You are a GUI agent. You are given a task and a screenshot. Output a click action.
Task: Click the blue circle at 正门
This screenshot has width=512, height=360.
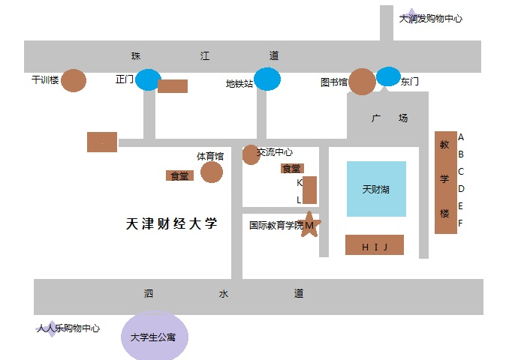[x=148, y=79]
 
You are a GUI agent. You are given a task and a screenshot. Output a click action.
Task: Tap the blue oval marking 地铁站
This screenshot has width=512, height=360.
[x=267, y=79]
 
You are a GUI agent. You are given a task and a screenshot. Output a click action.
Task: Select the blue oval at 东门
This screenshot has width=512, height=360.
[x=388, y=76]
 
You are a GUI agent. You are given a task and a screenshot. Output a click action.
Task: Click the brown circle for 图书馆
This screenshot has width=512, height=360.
[x=363, y=82]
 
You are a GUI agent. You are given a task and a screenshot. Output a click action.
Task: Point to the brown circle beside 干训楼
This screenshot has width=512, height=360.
[x=74, y=79]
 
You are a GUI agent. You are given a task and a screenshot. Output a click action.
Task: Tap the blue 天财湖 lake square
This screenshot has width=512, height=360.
[x=376, y=189]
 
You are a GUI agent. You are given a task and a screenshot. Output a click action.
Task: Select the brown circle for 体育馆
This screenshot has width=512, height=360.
[x=212, y=172]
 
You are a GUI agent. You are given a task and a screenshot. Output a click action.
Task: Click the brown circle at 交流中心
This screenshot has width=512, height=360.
[x=251, y=154]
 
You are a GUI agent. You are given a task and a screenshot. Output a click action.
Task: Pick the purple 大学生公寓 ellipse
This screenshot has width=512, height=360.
[x=155, y=337]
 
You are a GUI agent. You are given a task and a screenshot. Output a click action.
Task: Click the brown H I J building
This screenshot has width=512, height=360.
[x=374, y=245]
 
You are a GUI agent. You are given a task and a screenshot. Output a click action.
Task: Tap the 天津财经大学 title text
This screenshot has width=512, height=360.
[x=171, y=223]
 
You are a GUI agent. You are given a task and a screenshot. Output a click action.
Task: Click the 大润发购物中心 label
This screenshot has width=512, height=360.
[x=431, y=19]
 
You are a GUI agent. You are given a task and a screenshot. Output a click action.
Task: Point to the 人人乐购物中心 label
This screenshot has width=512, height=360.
[x=68, y=328]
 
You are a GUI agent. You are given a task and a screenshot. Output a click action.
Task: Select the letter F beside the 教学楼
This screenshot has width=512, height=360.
[x=461, y=223]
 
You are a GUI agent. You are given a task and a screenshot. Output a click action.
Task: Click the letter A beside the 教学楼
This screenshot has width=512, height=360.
[x=461, y=137]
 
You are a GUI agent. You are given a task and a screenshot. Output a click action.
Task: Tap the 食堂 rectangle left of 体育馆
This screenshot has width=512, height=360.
[x=179, y=175]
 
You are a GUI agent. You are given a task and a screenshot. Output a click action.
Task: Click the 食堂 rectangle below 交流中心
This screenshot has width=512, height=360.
[x=291, y=169]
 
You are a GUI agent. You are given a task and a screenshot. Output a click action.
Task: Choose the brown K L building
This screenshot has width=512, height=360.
[x=309, y=190]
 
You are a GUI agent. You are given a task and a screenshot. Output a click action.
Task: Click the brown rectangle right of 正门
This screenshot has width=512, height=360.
[x=173, y=86]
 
